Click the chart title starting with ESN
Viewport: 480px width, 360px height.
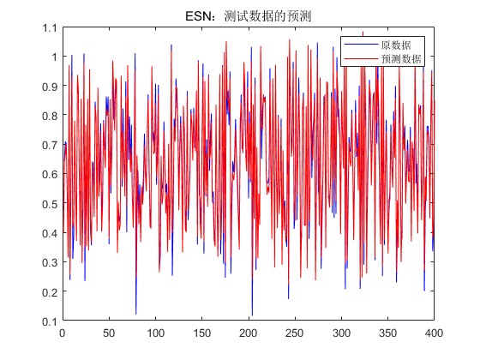(249, 16)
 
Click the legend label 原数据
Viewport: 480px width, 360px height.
(396, 45)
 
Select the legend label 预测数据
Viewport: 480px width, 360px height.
(401, 58)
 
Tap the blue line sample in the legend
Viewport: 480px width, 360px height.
(361, 45)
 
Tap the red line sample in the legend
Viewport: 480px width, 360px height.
(361, 58)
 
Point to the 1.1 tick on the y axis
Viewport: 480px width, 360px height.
(50, 27)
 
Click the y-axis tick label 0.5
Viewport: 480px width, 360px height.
(50, 204)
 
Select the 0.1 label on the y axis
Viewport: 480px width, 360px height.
(50, 321)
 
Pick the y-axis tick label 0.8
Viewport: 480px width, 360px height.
(50, 116)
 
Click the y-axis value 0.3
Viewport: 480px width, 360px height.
(50, 262)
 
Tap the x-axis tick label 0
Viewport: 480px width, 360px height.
(63, 333)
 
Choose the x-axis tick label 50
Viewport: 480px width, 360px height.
(109, 333)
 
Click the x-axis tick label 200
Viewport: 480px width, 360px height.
(248, 333)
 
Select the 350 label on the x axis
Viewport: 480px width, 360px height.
(387, 333)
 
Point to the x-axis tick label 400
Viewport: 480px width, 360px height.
(434, 333)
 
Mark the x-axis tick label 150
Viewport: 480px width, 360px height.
(201, 333)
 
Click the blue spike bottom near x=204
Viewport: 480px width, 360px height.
(252, 315)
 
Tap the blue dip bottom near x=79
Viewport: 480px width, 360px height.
(136, 314)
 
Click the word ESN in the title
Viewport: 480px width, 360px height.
(198, 16)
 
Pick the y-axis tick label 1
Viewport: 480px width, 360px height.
(55, 57)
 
